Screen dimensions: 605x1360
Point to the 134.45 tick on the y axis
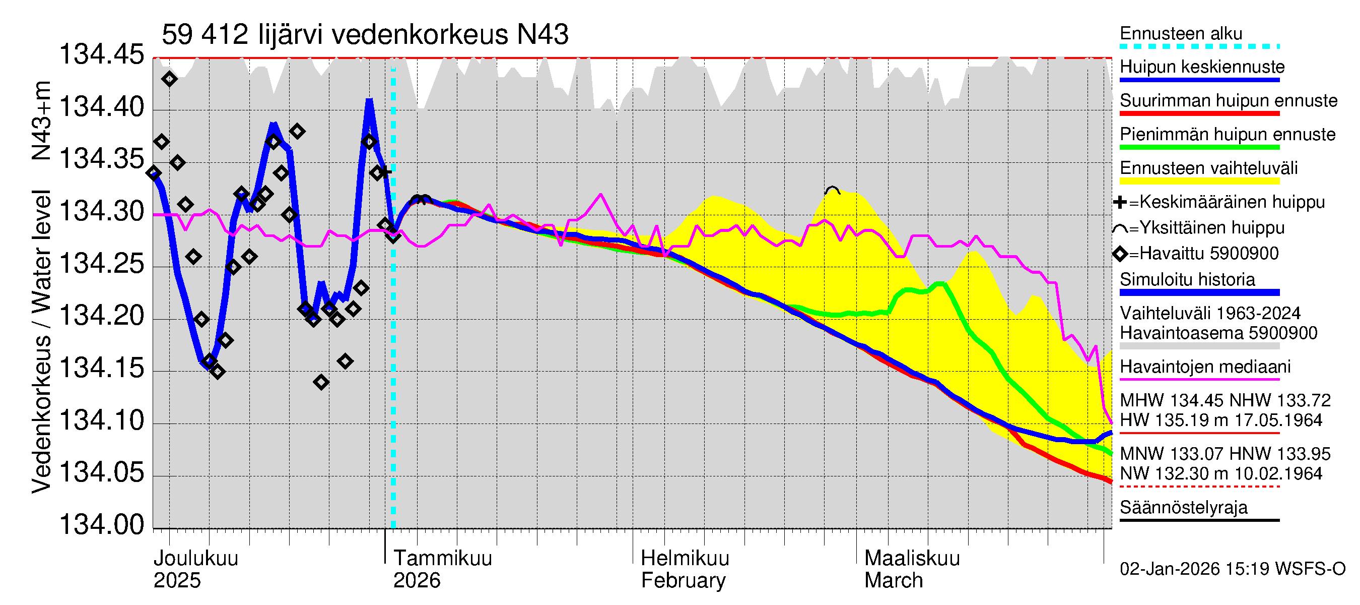[x=101, y=55]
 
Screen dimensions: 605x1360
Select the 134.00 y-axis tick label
[x=101, y=525]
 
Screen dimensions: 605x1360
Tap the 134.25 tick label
[x=101, y=264]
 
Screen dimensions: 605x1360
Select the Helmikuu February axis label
[x=685, y=569]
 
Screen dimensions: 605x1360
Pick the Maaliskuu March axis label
[x=912, y=569]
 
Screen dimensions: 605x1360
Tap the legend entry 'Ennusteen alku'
[x=1181, y=34]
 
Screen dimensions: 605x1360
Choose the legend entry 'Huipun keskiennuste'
[x=1202, y=67]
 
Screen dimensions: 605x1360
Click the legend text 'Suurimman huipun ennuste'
[x=1228, y=100]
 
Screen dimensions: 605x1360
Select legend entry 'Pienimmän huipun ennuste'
[x=1227, y=134]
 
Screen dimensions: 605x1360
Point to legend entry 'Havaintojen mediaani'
[x=1205, y=367]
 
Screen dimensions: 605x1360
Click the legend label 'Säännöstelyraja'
[x=1183, y=507]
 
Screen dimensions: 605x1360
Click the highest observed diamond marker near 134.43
[x=169, y=79]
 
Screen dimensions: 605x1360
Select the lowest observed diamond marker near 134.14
[x=321, y=382]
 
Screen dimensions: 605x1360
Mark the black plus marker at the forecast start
[x=385, y=171]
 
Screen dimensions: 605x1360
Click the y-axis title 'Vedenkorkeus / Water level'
[x=41, y=341]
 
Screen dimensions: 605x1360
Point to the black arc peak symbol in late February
[x=832, y=190]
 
